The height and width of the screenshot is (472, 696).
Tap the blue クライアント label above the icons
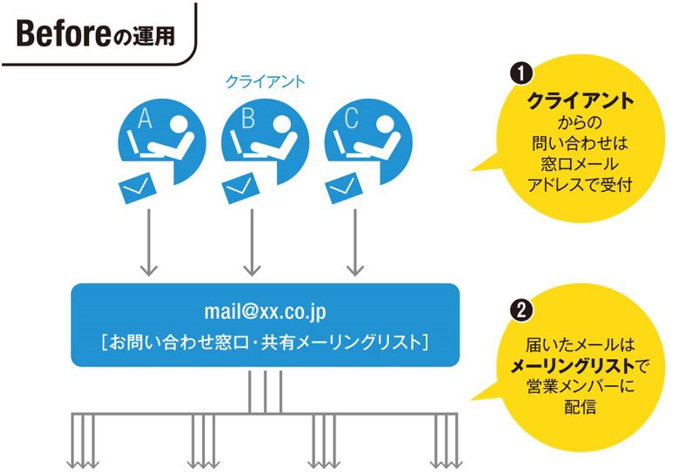[264, 82]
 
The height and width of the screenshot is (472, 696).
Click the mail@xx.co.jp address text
[265, 312]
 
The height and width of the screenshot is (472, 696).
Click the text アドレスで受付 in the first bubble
[579, 185]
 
